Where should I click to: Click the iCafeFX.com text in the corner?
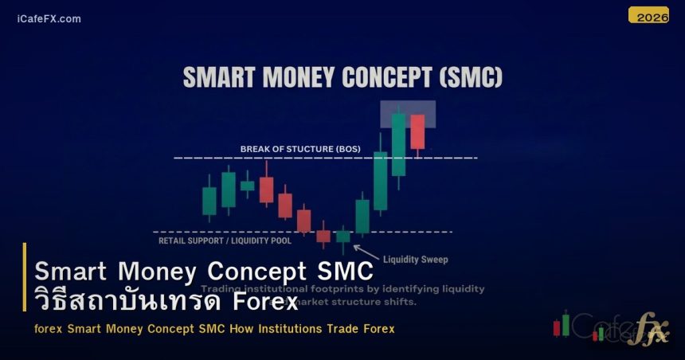(x=49, y=19)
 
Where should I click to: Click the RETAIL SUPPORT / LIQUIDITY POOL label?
(x=225, y=240)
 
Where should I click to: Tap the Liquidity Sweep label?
(x=415, y=260)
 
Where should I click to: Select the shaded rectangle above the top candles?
(x=407, y=114)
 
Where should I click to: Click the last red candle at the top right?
(x=417, y=131)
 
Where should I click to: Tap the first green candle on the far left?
(x=209, y=201)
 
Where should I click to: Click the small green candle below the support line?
(x=342, y=236)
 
